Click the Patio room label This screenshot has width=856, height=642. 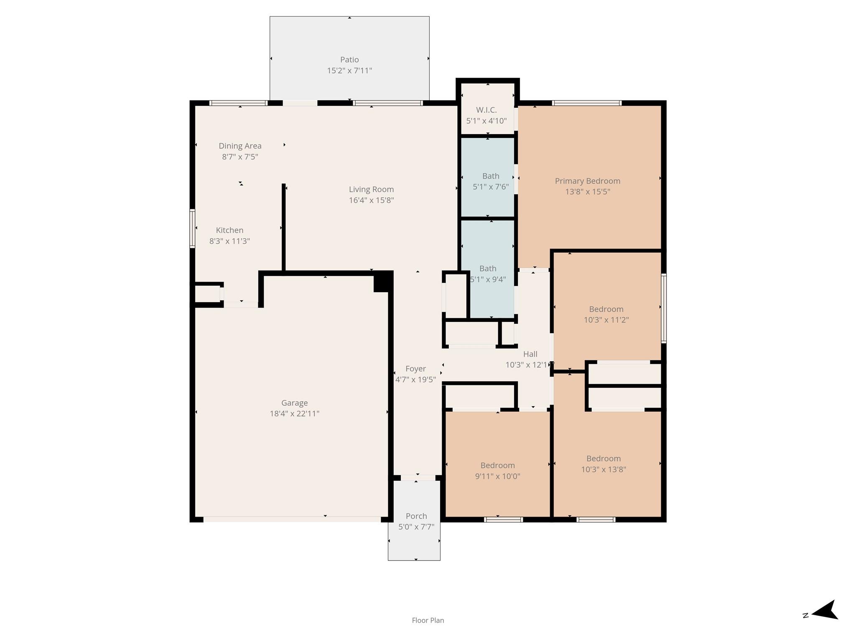tap(349, 60)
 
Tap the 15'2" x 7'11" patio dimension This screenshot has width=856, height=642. tap(349, 71)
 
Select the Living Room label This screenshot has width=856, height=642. tap(371, 189)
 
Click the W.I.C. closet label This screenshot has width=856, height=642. tap(486, 110)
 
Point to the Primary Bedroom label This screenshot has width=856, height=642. tap(587, 181)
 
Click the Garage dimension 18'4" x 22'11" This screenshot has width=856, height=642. tap(294, 414)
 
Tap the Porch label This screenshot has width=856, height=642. tap(416, 516)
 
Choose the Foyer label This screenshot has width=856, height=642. tap(415, 369)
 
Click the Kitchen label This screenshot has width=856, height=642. tap(229, 230)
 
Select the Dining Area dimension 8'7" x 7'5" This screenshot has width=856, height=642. tap(240, 157)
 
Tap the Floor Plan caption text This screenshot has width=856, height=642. tap(428, 620)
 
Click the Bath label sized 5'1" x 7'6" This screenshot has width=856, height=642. tap(490, 176)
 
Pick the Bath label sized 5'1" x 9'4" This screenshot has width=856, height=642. tap(488, 268)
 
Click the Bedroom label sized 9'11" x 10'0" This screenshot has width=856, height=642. tap(497, 465)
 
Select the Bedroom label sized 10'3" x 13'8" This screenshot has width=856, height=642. tap(603, 459)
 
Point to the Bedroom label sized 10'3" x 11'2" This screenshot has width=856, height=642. tap(606, 309)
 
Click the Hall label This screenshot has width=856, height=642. tap(530, 354)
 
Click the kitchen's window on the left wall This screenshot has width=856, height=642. tap(192, 229)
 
